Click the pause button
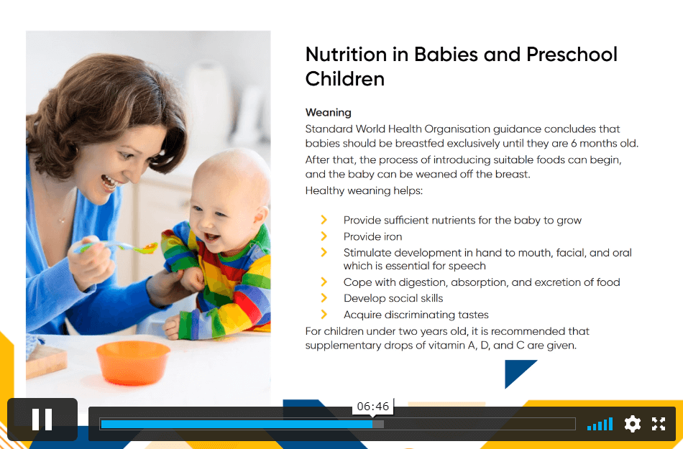click(x=42, y=419)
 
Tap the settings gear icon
click(x=632, y=424)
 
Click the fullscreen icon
click(x=659, y=424)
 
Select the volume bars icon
click(x=600, y=424)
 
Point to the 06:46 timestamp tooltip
click(x=373, y=407)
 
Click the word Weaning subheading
click(x=328, y=113)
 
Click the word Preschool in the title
click(x=572, y=55)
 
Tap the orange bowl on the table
click(x=133, y=362)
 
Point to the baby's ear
click(x=260, y=217)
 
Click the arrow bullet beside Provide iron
click(x=324, y=236)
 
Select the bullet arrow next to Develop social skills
click(x=324, y=298)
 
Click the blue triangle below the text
click(x=516, y=371)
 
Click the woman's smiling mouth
click(x=108, y=182)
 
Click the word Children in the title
click(x=345, y=79)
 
